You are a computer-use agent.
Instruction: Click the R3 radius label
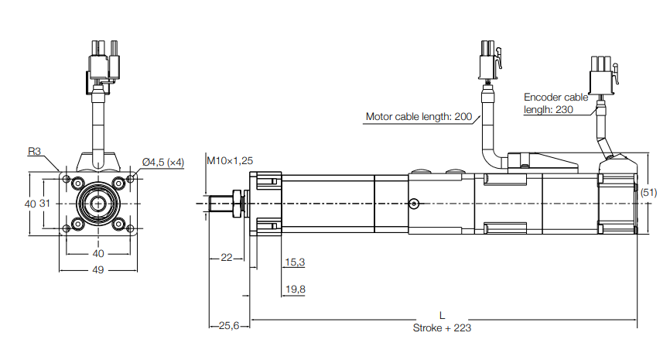tap(35, 152)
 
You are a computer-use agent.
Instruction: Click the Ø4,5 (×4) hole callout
tap(163, 162)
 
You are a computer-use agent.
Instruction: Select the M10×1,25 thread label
tap(230, 160)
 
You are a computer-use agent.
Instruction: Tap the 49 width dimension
tap(98, 270)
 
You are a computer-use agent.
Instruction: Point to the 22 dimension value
tap(227, 257)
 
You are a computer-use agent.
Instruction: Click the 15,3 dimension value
tap(295, 262)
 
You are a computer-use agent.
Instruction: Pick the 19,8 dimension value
tap(295, 290)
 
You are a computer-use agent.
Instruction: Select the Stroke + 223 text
tap(443, 327)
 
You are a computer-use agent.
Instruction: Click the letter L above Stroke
tap(442, 316)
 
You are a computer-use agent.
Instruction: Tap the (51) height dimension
tap(650, 191)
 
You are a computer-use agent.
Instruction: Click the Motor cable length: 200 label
tap(419, 117)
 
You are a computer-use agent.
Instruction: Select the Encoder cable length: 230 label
tap(555, 104)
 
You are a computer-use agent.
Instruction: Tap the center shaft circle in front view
tap(98, 203)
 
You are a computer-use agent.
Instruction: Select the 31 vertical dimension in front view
tap(46, 204)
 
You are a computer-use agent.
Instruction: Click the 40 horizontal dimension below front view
tap(98, 253)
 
